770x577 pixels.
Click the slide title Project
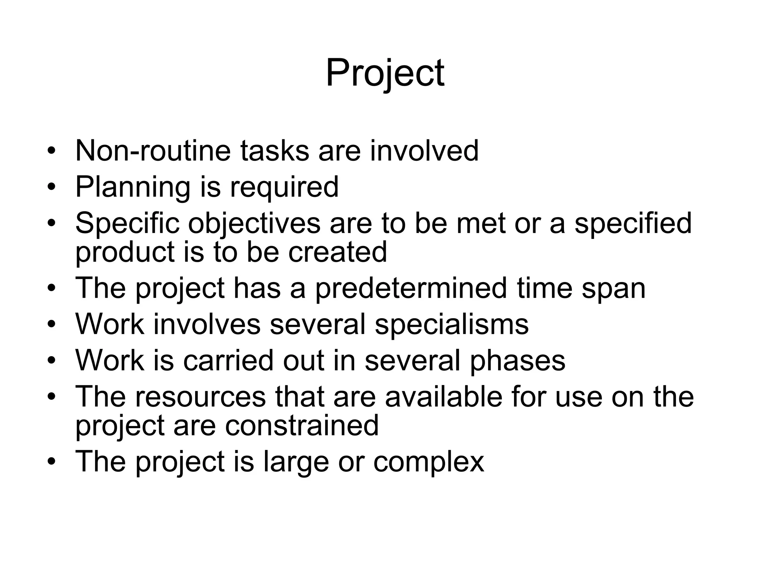pos(385,73)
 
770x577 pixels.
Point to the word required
pos(284,187)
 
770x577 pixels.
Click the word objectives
pos(254,224)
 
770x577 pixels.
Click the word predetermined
pos(411,288)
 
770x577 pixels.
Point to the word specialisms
pos(452,324)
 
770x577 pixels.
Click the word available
pos(444,396)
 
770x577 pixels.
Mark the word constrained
pos(302,425)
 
